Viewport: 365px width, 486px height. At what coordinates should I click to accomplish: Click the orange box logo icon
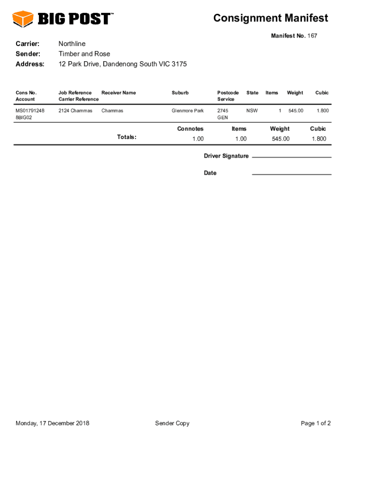pyautogui.click(x=22, y=19)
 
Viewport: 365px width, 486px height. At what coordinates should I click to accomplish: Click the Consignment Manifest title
pyautogui.click(x=270, y=18)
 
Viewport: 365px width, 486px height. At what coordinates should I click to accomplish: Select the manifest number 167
pyautogui.click(x=312, y=36)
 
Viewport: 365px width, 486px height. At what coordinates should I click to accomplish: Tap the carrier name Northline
pyautogui.click(x=72, y=44)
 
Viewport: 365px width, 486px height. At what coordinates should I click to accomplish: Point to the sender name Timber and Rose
pyautogui.click(x=84, y=54)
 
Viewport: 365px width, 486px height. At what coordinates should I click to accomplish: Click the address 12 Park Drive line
pyautogui.click(x=122, y=64)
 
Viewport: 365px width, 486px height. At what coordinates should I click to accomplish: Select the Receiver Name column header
pyautogui.click(x=119, y=93)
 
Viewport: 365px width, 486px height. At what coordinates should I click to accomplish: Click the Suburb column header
pyautogui.click(x=180, y=93)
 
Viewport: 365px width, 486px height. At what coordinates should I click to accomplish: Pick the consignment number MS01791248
pyautogui.click(x=30, y=111)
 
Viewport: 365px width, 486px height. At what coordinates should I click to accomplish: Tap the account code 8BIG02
pyautogui.click(x=24, y=117)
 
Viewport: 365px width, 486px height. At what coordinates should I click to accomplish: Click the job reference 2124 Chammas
pyautogui.click(x=75, y=111)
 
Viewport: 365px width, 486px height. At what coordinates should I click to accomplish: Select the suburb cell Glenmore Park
pyautogui.click(x=188, y=111)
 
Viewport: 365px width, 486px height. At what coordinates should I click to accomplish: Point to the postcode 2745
pyautogui.click(x=223, y=111)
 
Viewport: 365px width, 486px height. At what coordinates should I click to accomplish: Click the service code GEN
pyautogui.click(x=222, y=117)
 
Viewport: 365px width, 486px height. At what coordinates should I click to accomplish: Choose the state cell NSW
pyautogui.click(x=252, y=111)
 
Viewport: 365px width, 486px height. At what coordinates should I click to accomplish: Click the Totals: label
pyautogui.click(x=127, y=137)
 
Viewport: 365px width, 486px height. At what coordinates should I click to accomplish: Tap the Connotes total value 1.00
pyautogui.click(x=198, y=139)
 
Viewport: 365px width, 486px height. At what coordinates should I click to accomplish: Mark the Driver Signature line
pyautogui.click(x=292, y=157)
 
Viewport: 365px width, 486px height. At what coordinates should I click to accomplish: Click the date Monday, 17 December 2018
pyautogui.click(x=53, y=423)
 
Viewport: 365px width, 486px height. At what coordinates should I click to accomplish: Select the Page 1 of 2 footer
pyautogui.click(x=316, y=423)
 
